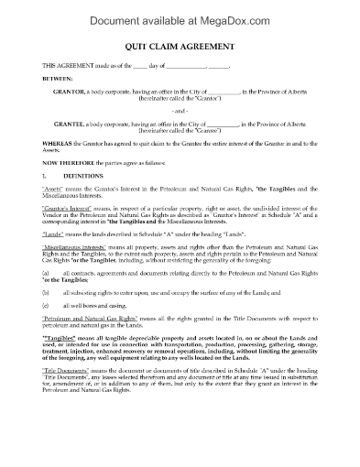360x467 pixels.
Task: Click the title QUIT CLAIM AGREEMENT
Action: [179, 51]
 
